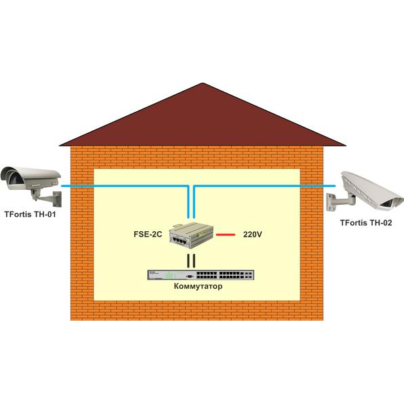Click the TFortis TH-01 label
[x=30, y=214]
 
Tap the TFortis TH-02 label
[x=366, y=222]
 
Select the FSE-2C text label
[x=148, y=235]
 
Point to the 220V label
[x=252, y=235]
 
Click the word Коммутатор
[x=198, y=286]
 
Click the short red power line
[x=226, y=235]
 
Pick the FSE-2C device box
[x=191, y=235]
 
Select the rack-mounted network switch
[x=201, y=275]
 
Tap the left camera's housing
[x=31, y=178]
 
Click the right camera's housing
[x=371, y=190]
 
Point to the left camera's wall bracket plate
[x=57, y=199]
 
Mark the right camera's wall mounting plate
[x=331, y=202]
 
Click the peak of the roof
[x=203, y=83]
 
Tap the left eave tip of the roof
[x=60, y=146]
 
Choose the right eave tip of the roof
[x=346, y=146]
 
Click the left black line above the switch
[x=188, y=261]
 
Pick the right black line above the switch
[x=194, y=261]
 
